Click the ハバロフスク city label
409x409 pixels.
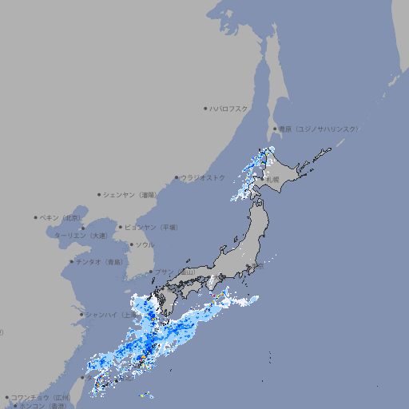228,109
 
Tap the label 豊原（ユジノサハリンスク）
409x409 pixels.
319,129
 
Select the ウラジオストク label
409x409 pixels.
203,177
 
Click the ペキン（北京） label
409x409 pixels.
61,217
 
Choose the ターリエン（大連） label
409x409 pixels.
80,236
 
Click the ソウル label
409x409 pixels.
145,244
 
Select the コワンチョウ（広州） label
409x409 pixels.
41,397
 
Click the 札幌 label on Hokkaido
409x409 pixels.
272,180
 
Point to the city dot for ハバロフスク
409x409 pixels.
205,109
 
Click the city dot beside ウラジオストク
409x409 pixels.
177,177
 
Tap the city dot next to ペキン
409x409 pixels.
36,217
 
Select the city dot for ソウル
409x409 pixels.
131,244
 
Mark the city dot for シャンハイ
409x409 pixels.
81,314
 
